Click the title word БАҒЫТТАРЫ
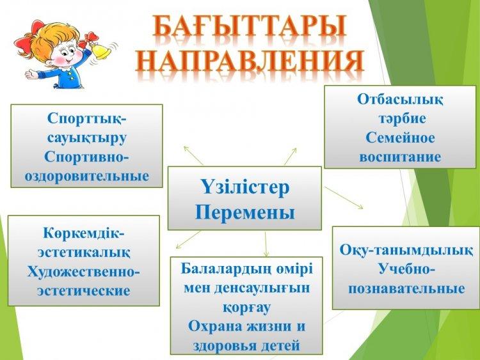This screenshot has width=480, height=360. tap(250, 26)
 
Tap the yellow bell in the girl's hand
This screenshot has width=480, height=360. tap(100, 50)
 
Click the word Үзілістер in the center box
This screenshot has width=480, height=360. tap(245, 187)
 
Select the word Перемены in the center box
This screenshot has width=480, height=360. tap(245, 212)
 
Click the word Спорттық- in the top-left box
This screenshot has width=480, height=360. tap(86, 119)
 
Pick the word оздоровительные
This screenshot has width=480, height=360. tap(87, 176)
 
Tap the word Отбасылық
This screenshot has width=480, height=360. tap(400, 100)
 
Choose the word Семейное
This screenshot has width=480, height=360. tap(400, 137)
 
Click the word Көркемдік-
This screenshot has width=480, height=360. tap(84, 233)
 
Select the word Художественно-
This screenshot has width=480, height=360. tap(83, 272)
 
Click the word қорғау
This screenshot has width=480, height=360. tap(246, 308)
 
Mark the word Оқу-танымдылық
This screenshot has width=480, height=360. tap(406, 250)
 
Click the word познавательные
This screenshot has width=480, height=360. tap(406, 289)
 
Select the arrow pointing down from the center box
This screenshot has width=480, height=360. tap(266, 244)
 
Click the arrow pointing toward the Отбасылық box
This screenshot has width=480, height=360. tap(291, 157)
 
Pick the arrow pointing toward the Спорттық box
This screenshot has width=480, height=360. tap(193, 155)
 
